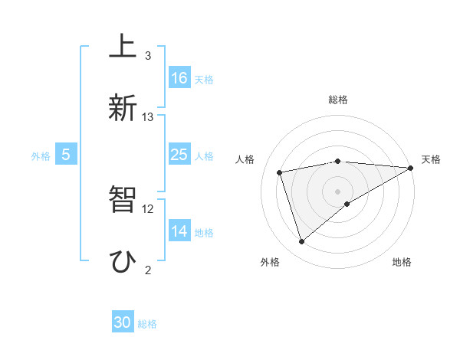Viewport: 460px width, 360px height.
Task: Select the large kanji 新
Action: click(122, 107)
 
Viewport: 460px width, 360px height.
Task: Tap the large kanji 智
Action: click(122, 199)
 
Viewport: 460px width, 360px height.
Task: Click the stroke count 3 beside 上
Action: click(148, 56)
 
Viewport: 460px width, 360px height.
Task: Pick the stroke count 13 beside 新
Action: click(148, 117)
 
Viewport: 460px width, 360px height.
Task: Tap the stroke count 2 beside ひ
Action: click(148, 270)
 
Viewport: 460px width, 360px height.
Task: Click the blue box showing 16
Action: click(179, 78)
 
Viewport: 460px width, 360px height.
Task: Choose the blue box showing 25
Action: click(179, 155)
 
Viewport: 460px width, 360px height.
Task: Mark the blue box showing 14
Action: click(179, 231)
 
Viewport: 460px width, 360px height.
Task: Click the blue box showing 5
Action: click(66, 155)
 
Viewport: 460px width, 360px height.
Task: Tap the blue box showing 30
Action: click(123, 322)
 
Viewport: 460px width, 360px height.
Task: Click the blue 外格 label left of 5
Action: click(41, 155)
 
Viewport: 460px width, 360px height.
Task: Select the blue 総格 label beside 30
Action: click(147, 324)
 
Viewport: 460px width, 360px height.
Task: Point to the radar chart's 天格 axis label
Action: click(431, 159)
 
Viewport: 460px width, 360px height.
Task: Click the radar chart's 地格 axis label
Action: click(402, 262)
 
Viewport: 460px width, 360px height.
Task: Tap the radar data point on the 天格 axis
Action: click(411, 168)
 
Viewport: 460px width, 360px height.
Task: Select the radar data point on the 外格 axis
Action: click(301, 242)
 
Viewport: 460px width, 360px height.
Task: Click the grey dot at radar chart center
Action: click(338, 191)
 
